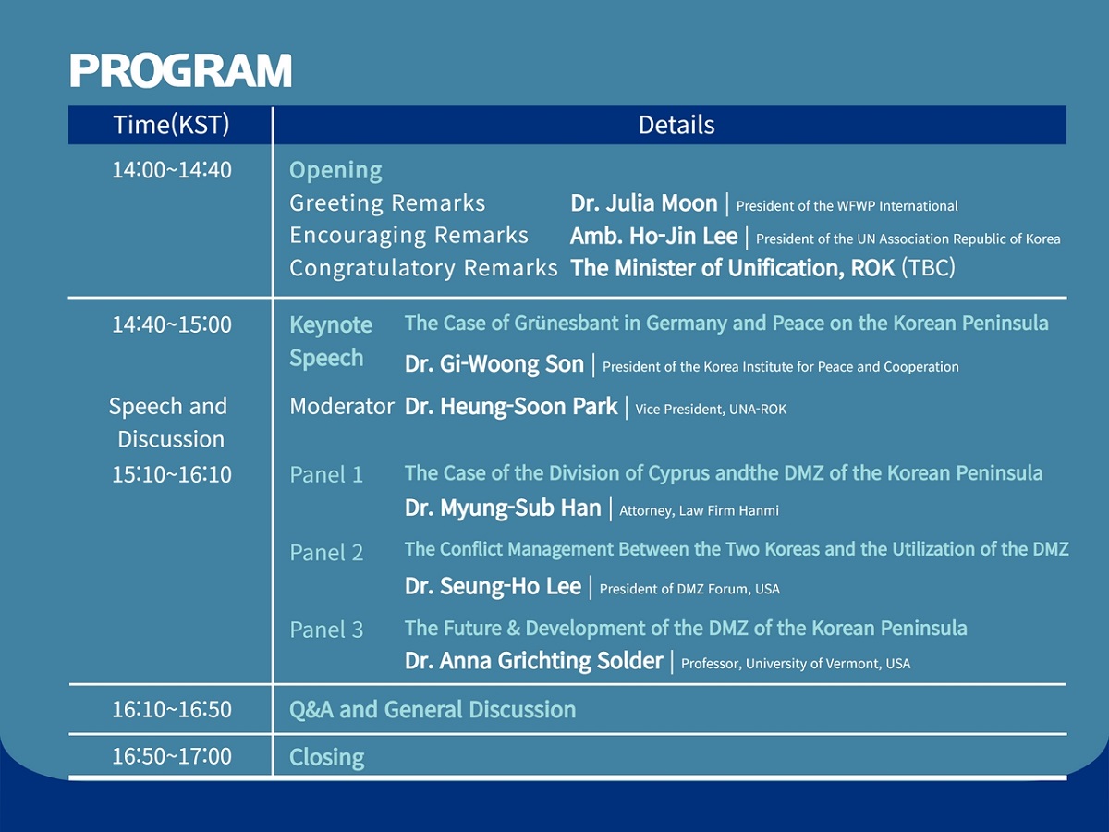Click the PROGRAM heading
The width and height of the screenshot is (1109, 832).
(180, 70)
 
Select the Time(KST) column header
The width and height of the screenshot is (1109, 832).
(171, 125)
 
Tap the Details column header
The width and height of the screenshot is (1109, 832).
(676, 125)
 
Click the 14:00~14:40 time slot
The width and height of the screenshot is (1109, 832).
(172, 170)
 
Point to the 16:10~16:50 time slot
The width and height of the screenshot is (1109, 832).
(172, 709)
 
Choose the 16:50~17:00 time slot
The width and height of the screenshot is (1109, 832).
(172, 756)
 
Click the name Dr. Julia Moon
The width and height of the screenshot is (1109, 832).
(643, 203)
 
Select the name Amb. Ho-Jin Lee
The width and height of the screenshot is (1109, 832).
(653, 236)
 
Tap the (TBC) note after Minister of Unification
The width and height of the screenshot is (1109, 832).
(929, 268)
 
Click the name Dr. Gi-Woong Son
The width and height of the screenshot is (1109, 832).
(494, 363)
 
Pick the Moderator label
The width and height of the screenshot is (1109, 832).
(342, 406)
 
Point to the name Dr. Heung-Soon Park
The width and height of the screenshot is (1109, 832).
(511, 406)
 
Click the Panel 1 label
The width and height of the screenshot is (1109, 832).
(326, 475)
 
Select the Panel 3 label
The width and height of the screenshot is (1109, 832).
(326, 630)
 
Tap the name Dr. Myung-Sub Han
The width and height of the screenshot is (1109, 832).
(503, 508)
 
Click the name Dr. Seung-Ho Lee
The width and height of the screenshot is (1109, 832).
(493, 586)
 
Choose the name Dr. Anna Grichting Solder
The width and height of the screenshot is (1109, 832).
(533, 661)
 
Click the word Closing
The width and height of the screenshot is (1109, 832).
(327, 757)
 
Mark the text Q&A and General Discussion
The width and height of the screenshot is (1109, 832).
(433, 709)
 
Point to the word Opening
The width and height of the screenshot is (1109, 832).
(335, 171)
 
